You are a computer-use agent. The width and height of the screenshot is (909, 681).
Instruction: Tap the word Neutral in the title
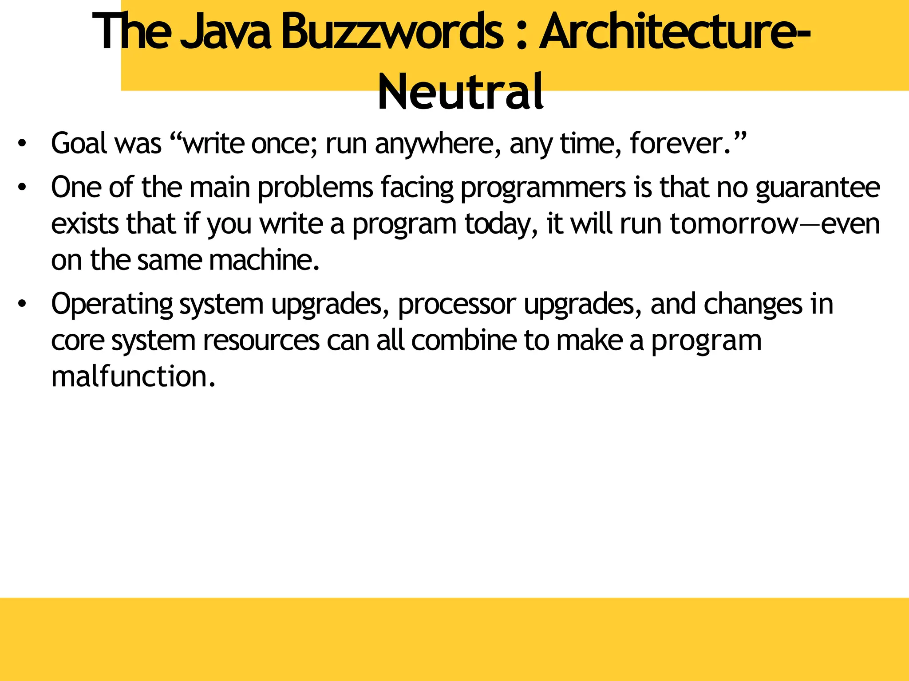coord(460,92)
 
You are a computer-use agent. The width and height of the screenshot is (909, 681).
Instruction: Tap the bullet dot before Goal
coord(22,144)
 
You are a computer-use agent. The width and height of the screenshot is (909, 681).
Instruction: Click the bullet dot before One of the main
coord(22,188)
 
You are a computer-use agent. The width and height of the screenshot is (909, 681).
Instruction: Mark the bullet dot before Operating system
coord(22,304)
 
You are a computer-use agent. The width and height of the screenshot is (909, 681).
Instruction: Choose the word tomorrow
coord(734,224)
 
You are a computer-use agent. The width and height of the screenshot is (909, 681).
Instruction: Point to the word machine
coord(264,260)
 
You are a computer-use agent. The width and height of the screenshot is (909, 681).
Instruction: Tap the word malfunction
coord(133,377)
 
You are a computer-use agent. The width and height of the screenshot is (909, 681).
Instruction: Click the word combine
coord(464,340)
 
